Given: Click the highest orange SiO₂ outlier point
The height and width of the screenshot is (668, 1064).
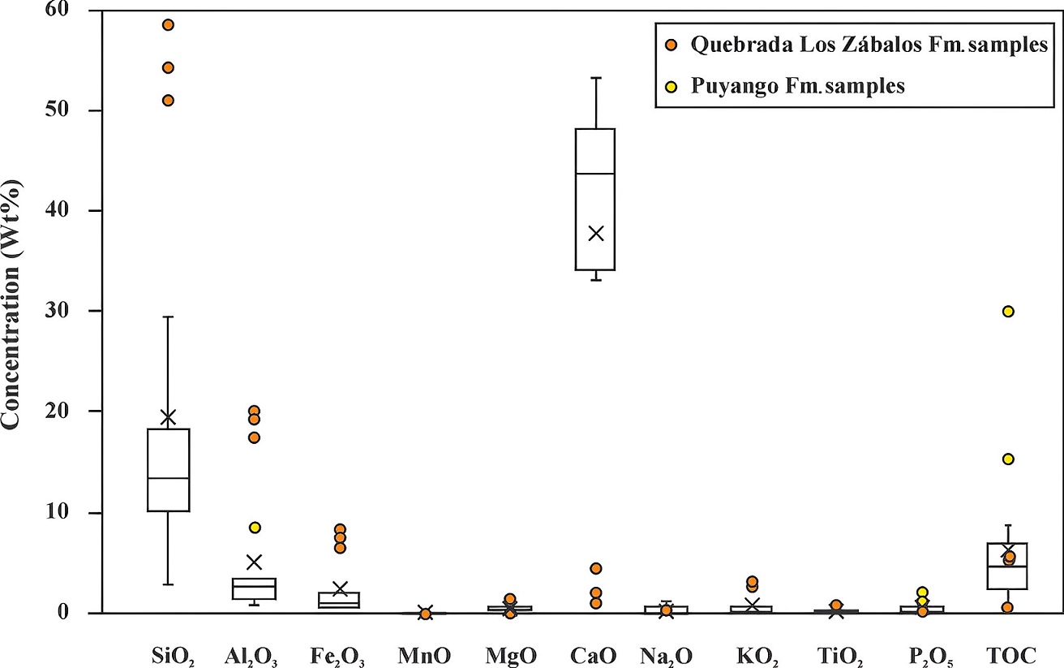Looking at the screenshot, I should [x=168, y=24].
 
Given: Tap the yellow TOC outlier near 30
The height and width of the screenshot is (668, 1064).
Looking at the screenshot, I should [x=1008, y=311].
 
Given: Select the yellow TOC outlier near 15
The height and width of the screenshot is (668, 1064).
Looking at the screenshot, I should [x=1008, y=459].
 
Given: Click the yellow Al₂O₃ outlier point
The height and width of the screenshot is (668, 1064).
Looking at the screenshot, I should [x=255, y=527].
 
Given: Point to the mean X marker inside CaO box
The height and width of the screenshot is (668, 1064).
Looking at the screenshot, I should [x=595, y=234].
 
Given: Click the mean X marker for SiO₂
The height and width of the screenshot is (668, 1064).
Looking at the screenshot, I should [x=168, y=417].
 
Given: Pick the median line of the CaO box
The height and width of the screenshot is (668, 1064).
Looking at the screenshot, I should [x=595, y=174].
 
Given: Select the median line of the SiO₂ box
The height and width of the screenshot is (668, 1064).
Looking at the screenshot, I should [x=168, y=478].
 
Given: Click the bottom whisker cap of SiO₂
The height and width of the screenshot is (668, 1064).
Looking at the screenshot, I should [x=168, y=584].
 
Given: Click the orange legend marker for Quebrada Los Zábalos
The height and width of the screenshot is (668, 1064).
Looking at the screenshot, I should [x=671, y=46].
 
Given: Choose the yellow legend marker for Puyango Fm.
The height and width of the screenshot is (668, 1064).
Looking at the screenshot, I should [x=671, y=86].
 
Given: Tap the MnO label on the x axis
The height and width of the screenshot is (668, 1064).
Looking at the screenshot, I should [x=425, y=653].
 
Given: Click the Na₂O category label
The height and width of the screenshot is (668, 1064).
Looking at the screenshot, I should [x=666, y=654].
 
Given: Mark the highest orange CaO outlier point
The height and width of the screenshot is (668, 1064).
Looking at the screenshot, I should [x=595, y=568].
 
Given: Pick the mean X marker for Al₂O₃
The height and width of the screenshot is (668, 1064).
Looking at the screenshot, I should [x=255, y=562].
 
